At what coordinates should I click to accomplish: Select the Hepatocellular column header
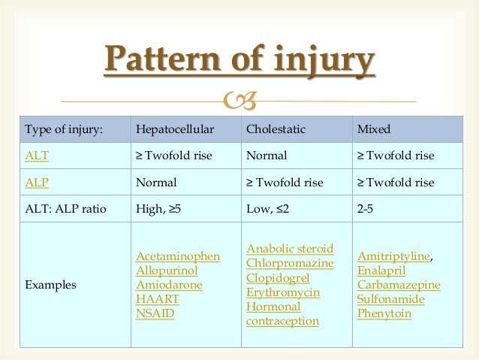tap(174, 129)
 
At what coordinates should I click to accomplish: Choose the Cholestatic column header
tap(276, 129)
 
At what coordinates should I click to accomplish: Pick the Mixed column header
tap(374, 129)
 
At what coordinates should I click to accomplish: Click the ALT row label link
tap(35, 156)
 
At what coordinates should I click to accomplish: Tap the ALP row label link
tap(35, 183)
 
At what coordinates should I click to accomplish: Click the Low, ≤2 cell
tap(269, 209)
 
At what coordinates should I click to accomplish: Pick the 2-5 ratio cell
tap(366, 209)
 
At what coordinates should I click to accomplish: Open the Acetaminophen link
tap(178, 256)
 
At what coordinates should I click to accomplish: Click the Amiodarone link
tap(169, 285)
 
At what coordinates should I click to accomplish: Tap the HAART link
tap(158, 299)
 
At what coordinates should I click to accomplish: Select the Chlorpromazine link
tap(289, 263)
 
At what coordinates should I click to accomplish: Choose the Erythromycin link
tap(282, 292)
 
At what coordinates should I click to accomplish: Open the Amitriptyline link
tap(393, 256)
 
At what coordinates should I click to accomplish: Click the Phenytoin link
tap(384, 313)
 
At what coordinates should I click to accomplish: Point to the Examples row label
tap(50, 286)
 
